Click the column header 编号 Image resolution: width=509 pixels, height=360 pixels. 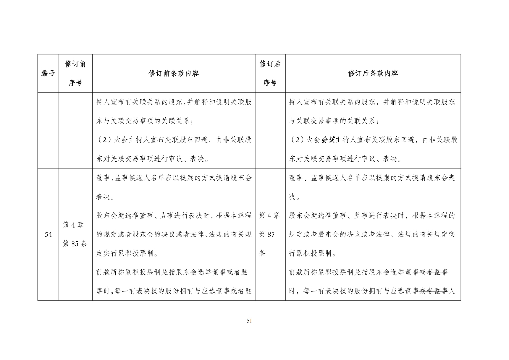(x=48, y=74)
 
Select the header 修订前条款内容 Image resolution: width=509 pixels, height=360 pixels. (x=174, y=74)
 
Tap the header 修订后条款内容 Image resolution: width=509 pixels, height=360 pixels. (x=373, y=74)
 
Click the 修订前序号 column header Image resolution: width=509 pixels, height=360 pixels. (x=76, y=74)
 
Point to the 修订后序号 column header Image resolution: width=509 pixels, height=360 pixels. (x=270, y=74)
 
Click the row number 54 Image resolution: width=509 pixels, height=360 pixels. (x=48, y=235)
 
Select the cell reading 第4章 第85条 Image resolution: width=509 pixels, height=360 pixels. (x=76, y=235)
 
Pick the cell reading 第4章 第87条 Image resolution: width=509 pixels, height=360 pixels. (x=270, y=235)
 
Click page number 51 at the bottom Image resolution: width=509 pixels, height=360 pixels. (x=249, y=321)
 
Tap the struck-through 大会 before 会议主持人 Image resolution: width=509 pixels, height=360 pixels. (x=313, y=140)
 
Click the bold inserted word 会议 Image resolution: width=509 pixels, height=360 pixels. (x=328, y=140)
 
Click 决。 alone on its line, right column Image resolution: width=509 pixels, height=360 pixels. (x=295, y=197)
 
